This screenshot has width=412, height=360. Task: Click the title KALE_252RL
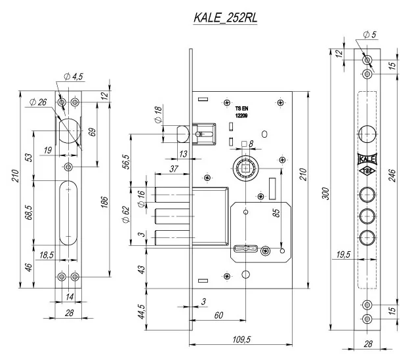(226, 18)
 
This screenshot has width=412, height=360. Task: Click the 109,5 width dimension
(241, 340)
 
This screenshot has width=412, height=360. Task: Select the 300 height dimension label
(325, 194)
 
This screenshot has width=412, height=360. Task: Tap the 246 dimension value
(392, 176)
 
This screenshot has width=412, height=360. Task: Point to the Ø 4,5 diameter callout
(73, 77)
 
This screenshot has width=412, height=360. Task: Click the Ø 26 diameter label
(38, 102)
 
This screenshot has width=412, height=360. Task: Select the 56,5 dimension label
(127, 161)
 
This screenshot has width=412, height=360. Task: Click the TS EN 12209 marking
(241, 112)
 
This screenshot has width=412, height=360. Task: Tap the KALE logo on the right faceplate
(367, 159)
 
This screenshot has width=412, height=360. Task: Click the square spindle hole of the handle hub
(245, 168)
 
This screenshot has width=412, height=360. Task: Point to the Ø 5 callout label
(370, 34)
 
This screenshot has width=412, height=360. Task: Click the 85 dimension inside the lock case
(276, 212)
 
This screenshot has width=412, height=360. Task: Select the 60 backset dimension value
(218, 315)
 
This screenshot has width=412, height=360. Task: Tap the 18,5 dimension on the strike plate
(47, 255)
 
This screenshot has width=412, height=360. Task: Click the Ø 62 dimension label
(126, 214)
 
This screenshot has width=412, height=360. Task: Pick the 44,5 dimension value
(141, 311)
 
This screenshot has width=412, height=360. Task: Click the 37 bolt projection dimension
(174, 169)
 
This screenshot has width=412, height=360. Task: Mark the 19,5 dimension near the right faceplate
(343, 254)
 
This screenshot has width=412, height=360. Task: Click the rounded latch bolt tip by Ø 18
(183, 134)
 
